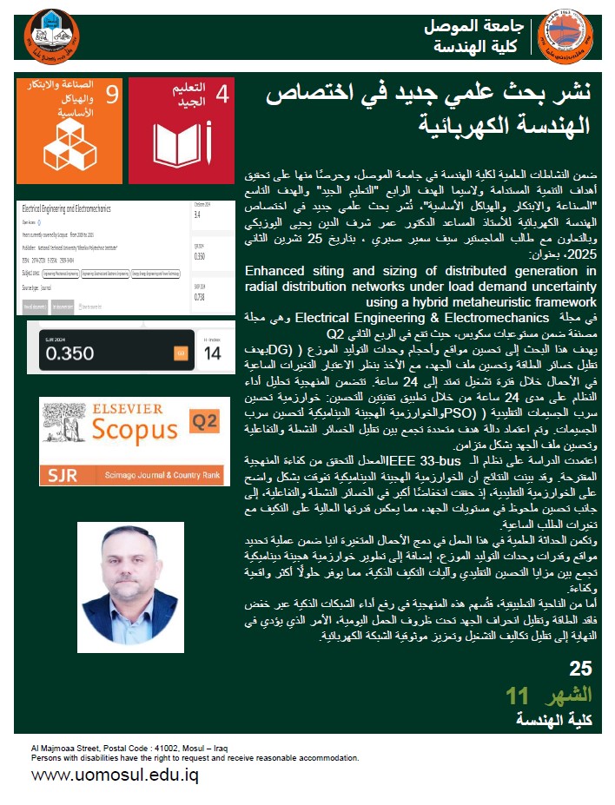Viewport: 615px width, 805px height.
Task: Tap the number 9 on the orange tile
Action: coord(112,95)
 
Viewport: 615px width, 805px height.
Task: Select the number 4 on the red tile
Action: coord(222,95)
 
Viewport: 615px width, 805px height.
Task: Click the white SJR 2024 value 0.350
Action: coord(69,353)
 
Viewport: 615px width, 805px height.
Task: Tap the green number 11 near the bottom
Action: coord(517,695)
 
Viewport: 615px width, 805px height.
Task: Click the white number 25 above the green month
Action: coord(580,669)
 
